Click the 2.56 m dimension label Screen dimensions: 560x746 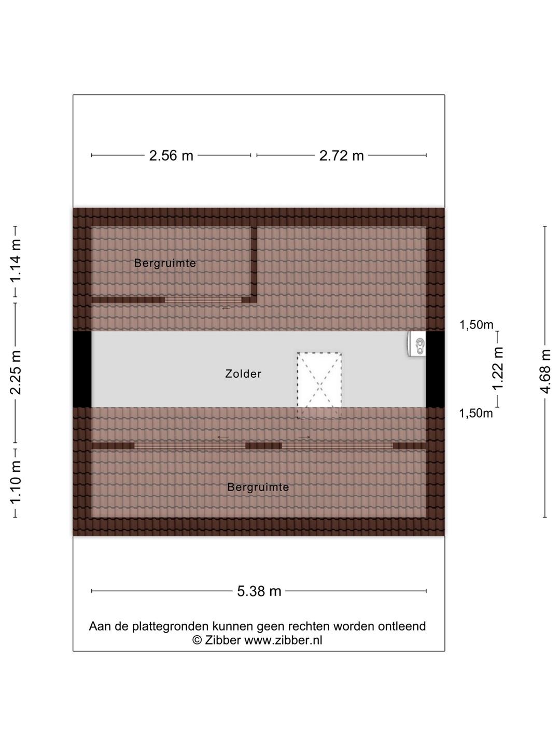[x=171, y=155]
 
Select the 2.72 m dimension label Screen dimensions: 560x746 [x=341, y=155]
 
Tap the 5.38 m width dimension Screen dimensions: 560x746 [x=259, y=592]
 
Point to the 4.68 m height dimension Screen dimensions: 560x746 [x=545, y=371]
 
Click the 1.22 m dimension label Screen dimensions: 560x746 [x=497, y=369]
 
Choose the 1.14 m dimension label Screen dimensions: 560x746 [x=16, y=261]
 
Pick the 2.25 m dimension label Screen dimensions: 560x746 [x=16, y=372]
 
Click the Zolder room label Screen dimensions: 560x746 [x=244, y=374]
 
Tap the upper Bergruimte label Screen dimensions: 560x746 [x=165, y=263]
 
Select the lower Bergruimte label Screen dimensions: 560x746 [x=258, y=487]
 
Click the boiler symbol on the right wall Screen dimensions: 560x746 [x=417, y=344]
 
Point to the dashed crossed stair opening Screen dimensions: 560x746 [x=319, y=386]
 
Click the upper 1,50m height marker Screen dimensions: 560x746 [x=477, y=325]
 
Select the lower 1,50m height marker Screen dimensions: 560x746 [x=475, y=413]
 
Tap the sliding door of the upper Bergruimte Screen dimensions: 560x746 [x=203, y=300]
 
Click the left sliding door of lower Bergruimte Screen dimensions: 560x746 [x=190, y=446]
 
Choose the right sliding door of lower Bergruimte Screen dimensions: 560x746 [x=337, y=446]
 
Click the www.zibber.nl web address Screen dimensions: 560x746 [x=283, y=640]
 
